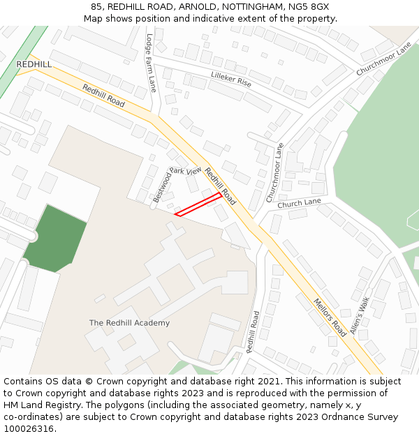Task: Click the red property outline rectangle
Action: coord(198,204)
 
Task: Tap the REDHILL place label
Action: coord(34,64)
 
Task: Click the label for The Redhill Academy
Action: coord(129,323)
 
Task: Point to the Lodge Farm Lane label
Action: coord(152,63)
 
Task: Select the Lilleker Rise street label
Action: coord(230,78)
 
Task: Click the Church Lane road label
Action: coord(299,204)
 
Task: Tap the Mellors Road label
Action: coord(330,317)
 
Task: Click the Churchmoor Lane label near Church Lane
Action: coord(275,173)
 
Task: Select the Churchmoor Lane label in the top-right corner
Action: coord(384,60)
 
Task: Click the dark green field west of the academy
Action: coord(55,237)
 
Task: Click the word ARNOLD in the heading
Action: coord(194,6)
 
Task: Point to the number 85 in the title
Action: coord(96,6)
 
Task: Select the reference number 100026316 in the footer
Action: coord(29,429)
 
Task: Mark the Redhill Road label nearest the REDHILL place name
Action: coord(103,96)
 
